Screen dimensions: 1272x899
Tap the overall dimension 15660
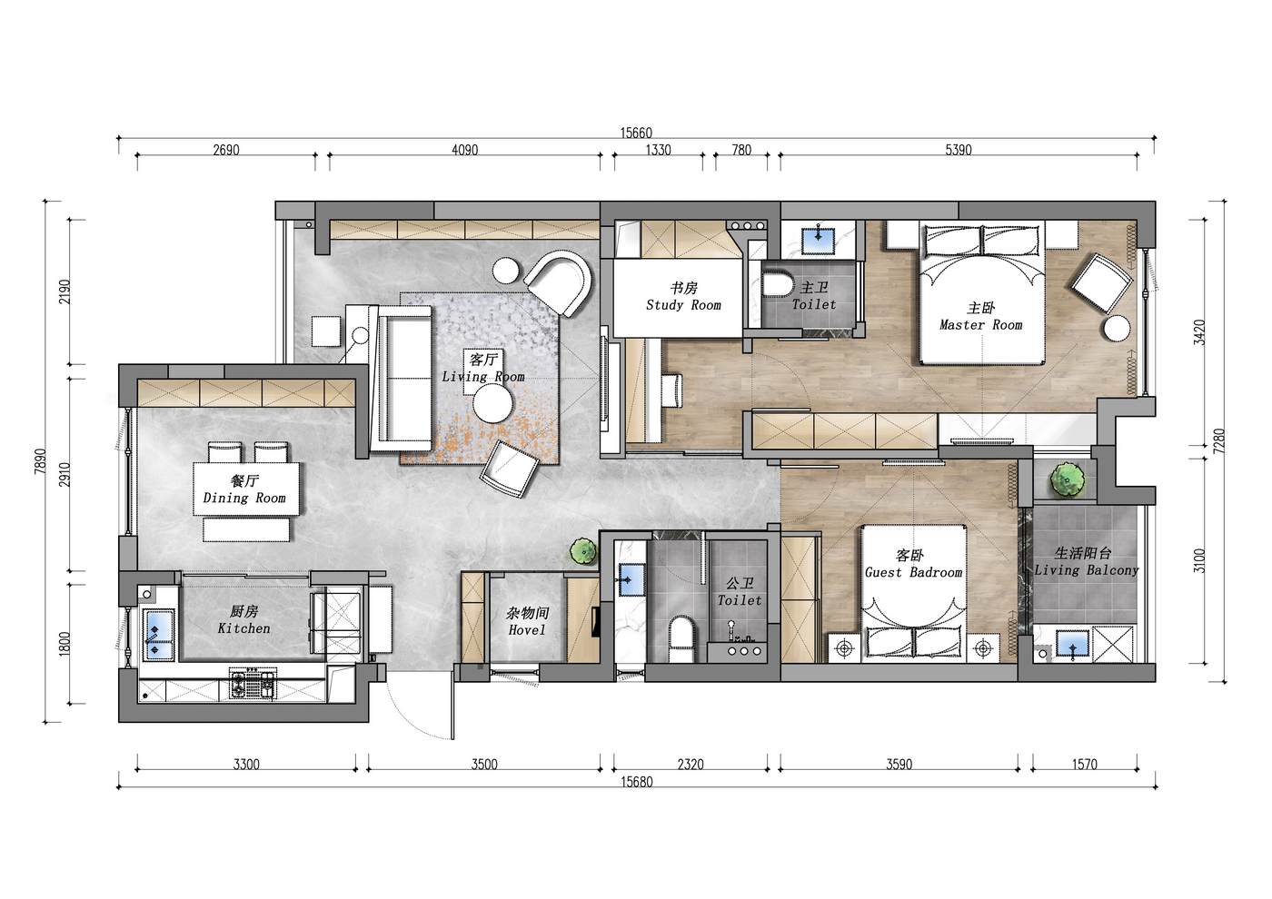pyautogui.click(x=636, y=133)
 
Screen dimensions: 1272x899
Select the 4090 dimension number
pyautogui.click(x=464, y=150)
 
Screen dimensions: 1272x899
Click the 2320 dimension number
pyautogui.click(x=691, y=765)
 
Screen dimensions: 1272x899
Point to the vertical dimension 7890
pyautogui.click(x=40, y=461)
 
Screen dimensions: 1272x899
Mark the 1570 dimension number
pyautogui.click(x=1085, y=765)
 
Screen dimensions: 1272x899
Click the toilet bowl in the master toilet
pyautogui.click(x=778, y=283)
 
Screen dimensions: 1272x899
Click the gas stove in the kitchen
pyautogui.click(x=252, y=685)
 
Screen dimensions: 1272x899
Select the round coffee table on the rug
pyautogui.click(x=493, y=403)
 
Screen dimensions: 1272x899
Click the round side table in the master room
pyautogui.click(x=1117, y=328)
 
